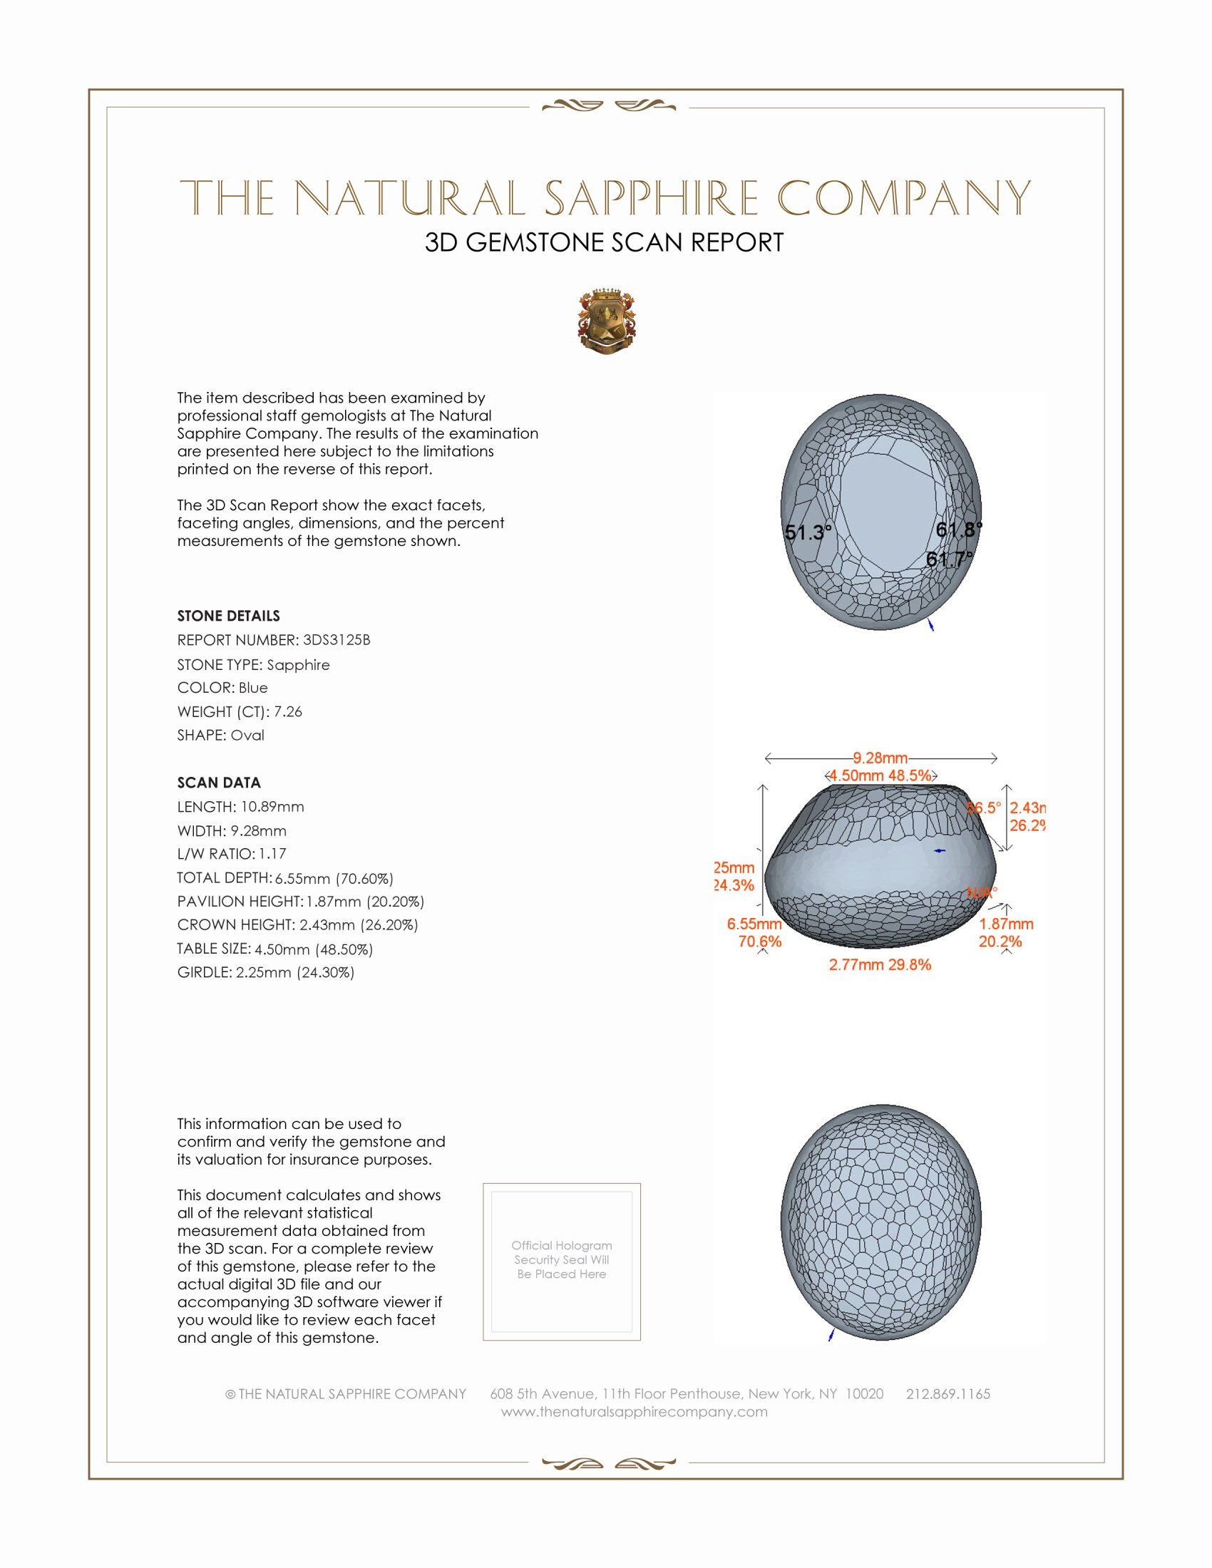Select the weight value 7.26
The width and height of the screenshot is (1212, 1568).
tap(288, 711)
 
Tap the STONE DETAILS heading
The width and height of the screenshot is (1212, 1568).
tap(228, 616)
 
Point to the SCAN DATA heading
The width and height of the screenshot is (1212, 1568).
tap(218, 783)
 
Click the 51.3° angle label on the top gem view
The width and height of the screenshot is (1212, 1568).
tap(808, 532)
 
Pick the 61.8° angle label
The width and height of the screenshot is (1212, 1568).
tap(958, 530)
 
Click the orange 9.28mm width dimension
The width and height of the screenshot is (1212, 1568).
tap(880, 758)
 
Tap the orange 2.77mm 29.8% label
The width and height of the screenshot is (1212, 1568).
tap(880, 965)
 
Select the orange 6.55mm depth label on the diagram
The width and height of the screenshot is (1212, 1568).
tap(754, 924)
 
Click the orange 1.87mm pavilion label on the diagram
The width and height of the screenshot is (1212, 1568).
tap(1006, 924)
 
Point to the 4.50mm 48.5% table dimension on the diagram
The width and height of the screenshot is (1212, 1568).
tap(880, 775)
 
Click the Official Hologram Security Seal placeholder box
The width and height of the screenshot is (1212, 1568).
tap(562, 1262)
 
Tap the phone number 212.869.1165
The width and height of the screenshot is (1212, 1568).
tap(947, 1393)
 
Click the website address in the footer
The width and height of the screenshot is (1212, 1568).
tap(634, 1411)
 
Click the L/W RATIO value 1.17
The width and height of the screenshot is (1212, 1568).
tap(272, 854)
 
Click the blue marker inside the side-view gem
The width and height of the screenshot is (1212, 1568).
tap(939, 851)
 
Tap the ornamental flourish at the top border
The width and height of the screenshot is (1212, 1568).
tap(608, 106)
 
